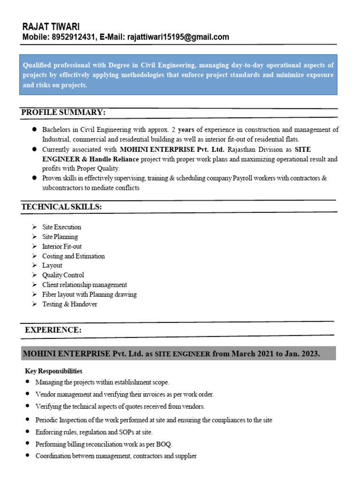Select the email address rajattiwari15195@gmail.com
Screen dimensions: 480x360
point(177,37)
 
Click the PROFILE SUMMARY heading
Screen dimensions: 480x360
point(63,112)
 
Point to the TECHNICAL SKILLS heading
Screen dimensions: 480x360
point(61,207)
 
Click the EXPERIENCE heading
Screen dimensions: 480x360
point(53,330)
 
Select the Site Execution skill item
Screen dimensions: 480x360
point(61,227)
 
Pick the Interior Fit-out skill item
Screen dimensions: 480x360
point(62,246)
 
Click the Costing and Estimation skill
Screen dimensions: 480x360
point(73,256)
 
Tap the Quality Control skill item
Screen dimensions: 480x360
point(63,275)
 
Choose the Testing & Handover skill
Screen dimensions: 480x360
point(69,304)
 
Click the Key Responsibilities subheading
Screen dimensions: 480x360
point(53,371)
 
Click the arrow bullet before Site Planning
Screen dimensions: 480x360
point(35,237)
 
